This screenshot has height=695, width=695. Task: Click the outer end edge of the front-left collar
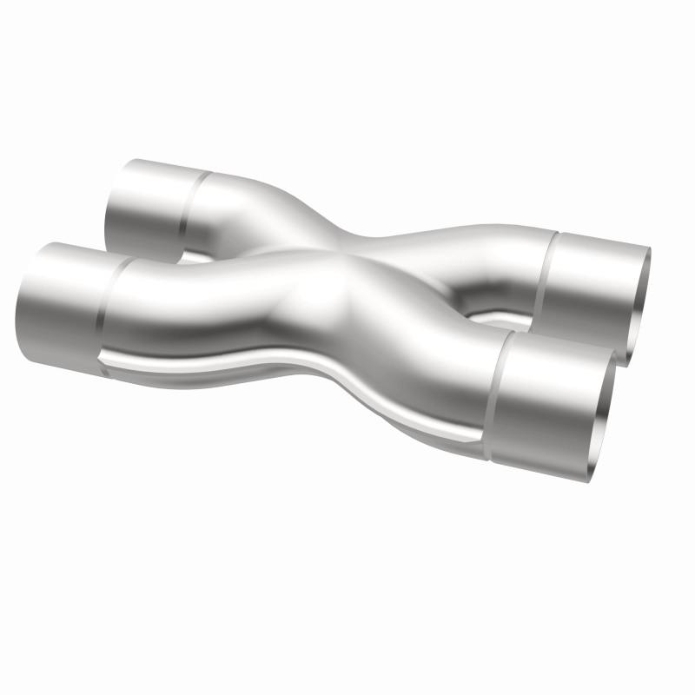(x=21, y=295)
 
